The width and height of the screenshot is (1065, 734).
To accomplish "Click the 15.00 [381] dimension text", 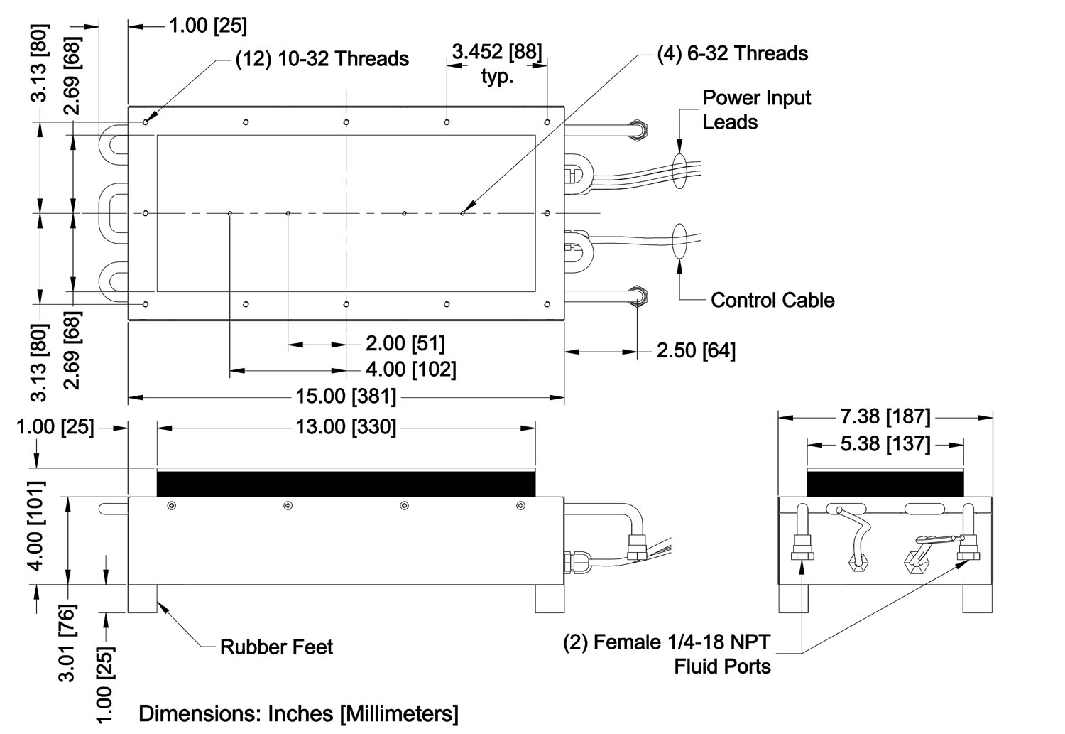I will (x=346, y=396).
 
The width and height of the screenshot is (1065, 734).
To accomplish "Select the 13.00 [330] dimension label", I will (x=346, y=427).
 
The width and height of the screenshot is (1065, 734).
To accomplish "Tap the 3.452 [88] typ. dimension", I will (x=497, y=63).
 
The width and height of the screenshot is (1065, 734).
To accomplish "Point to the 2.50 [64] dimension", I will (x=696, y=350).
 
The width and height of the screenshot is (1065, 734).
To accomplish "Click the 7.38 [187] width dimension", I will (x=885, y=417).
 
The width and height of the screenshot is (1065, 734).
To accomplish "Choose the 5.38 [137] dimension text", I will (x=885, y=444).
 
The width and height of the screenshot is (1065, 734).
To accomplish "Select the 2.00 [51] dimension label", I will (x=405, y=344).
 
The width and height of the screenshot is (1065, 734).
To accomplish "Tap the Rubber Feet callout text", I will (x=276, y=647).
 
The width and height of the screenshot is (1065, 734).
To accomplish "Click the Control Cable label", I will (x=772, y=300).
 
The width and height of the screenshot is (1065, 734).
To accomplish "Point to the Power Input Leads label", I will (x=756, y=109).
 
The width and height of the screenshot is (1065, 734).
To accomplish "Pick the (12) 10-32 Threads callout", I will (x=322, y=58).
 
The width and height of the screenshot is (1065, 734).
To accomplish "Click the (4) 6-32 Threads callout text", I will (x=733, y=53).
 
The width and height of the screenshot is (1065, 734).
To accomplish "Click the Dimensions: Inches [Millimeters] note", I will (x=298, y=713).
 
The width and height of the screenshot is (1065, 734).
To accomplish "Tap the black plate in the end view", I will (x=885, y=482).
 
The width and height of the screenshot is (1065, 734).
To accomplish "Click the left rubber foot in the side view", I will (x=142, y=598).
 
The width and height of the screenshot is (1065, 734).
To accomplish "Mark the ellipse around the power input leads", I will (x=678, y=169).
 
